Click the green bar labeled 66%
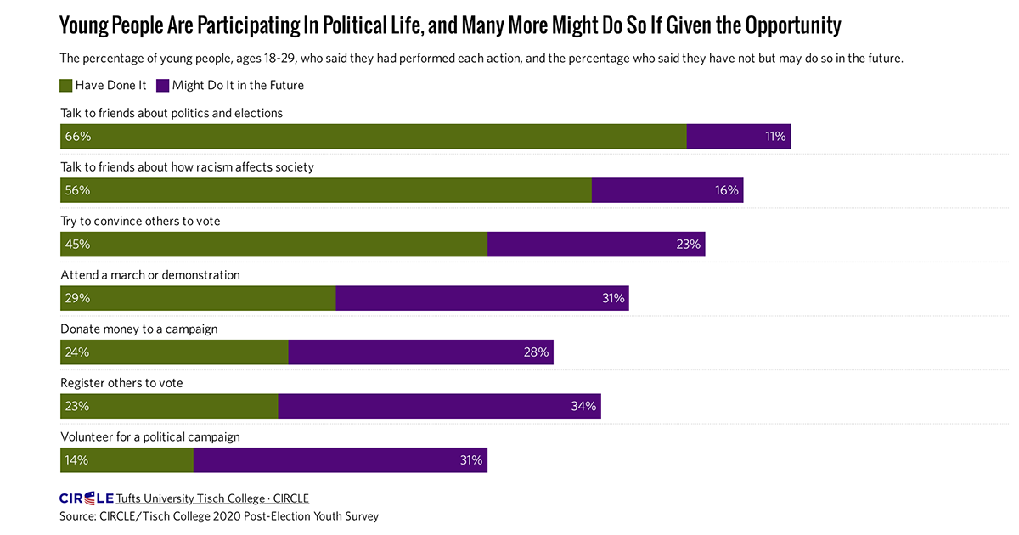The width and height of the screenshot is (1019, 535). point(374,136)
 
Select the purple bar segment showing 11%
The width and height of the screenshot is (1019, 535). point(739,136)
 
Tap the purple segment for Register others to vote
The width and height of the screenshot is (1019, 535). point(439,406)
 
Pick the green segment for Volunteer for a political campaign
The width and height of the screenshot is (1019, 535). point(127,460)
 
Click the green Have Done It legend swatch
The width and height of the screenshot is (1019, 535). point(66,85)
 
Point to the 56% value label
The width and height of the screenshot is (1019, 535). point(77,190)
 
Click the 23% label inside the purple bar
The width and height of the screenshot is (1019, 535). point(688,245)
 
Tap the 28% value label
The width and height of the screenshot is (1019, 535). point(537,352)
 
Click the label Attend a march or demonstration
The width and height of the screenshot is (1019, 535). point(150,275)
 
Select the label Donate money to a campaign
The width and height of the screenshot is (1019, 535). point(139,329)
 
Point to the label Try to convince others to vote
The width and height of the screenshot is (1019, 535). point(140,221)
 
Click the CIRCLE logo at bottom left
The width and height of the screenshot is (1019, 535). point(86,498)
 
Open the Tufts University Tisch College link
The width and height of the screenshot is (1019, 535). point(212,498)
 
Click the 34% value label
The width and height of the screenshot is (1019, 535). point(584,406)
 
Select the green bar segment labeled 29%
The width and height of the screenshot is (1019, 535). point(198,298)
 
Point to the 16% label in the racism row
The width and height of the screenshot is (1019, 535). point(727,190)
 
